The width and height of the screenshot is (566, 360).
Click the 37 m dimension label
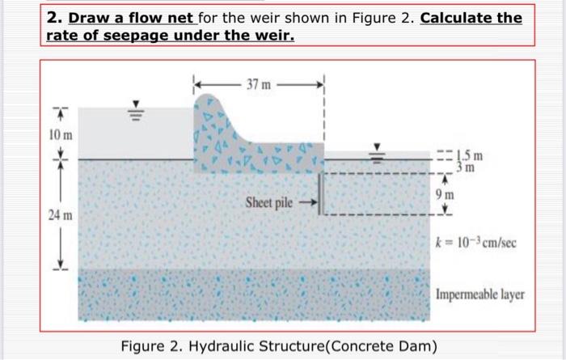260,84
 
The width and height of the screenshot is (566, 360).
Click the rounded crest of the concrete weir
212,101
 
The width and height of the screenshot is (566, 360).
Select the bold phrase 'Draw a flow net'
129,17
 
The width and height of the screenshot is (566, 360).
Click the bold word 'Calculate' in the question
458,17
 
